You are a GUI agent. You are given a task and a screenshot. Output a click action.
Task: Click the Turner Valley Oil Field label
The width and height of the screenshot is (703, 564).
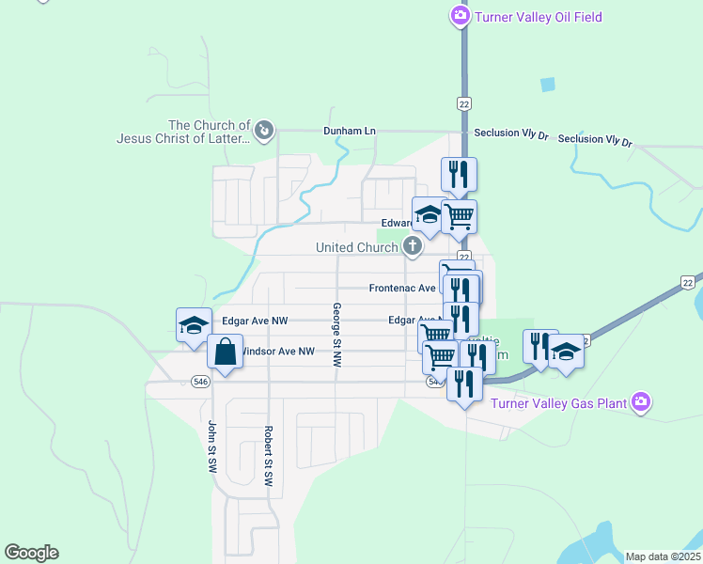pos(538,17)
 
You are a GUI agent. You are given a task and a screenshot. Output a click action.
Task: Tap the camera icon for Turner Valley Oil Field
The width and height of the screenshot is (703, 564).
pos(460,15)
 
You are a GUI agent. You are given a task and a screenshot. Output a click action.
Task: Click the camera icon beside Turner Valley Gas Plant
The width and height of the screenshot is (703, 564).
pos(641,402)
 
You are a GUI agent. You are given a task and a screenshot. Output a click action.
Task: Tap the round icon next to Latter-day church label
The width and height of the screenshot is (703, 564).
pos(264,131)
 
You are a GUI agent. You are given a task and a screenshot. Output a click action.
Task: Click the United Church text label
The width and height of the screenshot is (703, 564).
pos(356,247)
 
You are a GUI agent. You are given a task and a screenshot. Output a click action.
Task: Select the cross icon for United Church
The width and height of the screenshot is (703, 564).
pos(412,247)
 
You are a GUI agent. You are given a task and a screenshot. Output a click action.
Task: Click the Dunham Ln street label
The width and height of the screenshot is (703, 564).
pos(349,132)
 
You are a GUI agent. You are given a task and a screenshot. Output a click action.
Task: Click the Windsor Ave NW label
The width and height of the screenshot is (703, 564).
pos(278,352)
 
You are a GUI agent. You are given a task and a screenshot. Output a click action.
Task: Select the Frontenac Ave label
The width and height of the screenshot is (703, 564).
pos(402,288)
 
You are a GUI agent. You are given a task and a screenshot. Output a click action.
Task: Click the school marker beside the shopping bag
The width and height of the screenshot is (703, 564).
pos(195,325)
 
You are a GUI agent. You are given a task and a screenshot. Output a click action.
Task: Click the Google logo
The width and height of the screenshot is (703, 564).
pos(31,553)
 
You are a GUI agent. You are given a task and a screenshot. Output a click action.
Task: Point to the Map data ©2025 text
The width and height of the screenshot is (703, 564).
pos(662,556)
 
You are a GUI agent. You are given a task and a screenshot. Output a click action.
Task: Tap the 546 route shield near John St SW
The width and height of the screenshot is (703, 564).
pos(199,381)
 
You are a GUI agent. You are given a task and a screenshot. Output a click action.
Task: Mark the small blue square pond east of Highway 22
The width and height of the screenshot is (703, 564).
pos(547,84)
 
